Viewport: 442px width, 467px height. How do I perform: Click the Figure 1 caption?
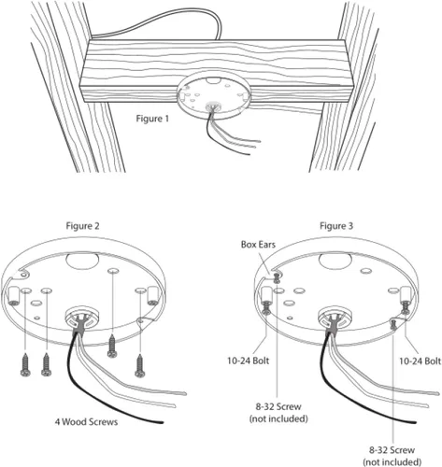152,119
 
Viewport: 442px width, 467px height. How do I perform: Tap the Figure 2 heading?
82,226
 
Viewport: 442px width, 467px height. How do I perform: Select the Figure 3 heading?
336,226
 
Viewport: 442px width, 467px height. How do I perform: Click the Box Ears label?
258,245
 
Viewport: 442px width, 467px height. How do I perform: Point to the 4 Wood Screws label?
86,422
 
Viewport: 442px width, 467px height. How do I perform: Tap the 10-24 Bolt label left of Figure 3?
248,361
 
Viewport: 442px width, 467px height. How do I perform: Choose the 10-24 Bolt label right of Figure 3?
421,361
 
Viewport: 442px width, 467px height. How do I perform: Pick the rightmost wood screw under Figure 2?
140,365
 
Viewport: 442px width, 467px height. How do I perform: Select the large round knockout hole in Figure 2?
82,260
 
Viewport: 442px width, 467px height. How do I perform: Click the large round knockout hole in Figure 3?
335,260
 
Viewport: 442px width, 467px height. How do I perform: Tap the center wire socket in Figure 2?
80,317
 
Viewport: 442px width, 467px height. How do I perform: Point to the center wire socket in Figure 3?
334,317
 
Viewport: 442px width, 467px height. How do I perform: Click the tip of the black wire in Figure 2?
163,422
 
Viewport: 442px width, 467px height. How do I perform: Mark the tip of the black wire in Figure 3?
416,422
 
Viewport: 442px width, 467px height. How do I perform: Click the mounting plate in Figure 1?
214,97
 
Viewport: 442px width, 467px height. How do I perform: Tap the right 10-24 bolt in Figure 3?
406,307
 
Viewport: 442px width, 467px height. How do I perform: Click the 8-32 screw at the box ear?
277,277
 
